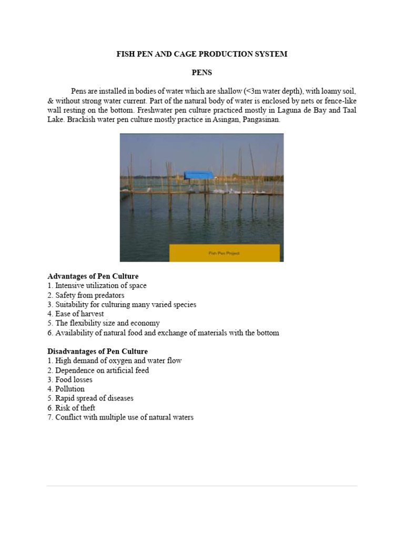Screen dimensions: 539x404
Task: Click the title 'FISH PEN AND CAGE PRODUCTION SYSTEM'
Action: [x=201, y=54]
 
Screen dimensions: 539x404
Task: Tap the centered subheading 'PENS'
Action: [x=201, y=73]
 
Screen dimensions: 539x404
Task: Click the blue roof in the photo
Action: [x=198, y=175]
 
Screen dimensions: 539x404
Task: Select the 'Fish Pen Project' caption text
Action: [x=224, y=253]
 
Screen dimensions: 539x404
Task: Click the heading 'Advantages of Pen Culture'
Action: [x=93, y=276]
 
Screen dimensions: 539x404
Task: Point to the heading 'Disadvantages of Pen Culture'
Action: [x=97, y=351]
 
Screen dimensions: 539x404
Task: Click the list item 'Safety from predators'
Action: [x=90, y=295]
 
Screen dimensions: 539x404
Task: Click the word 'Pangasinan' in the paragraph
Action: [x=259, y=119]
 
